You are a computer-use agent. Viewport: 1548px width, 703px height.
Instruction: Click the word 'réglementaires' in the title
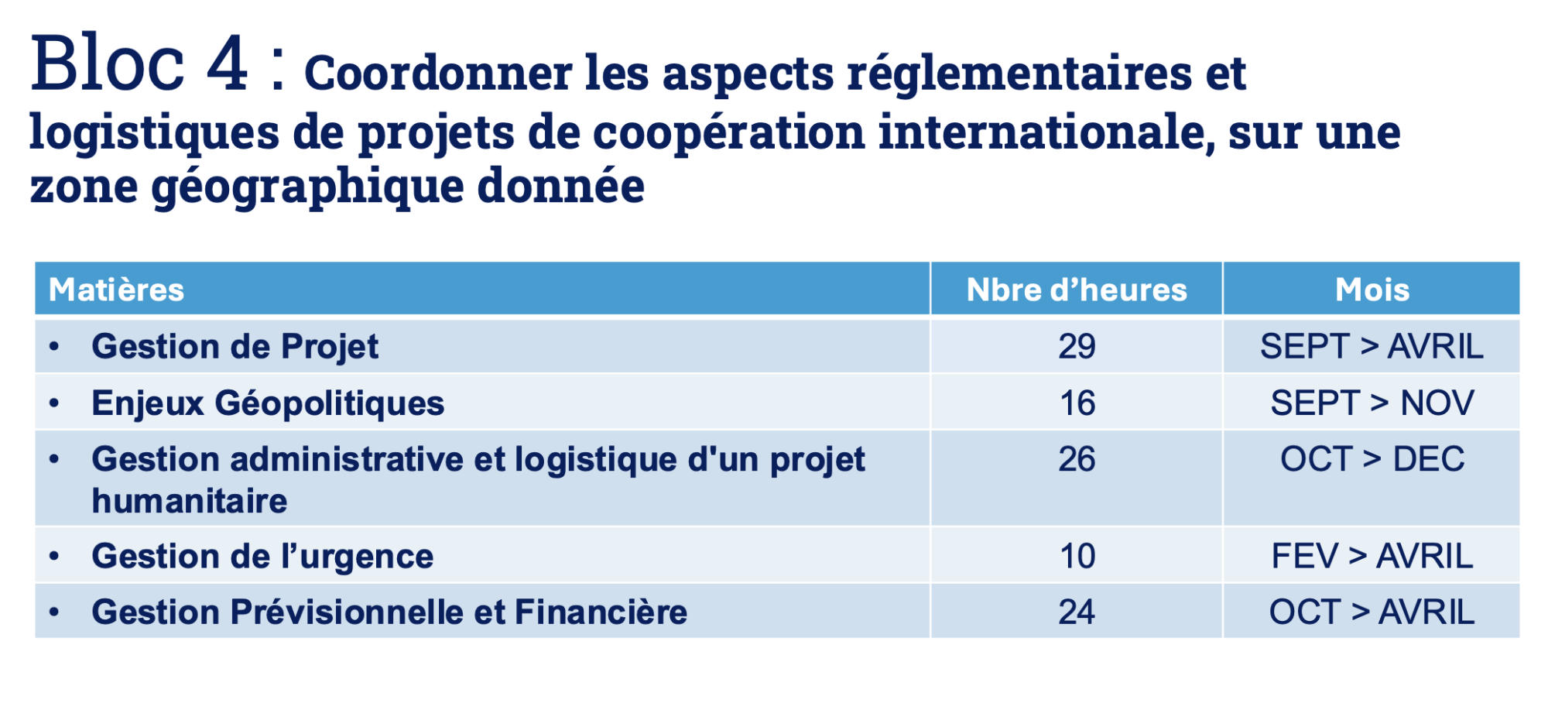[1019, 74]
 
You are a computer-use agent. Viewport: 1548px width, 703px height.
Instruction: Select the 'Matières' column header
[117, 290]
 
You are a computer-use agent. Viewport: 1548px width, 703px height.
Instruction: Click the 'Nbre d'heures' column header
[1076, 290]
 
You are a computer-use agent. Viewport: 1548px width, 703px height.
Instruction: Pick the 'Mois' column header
[1372, 290]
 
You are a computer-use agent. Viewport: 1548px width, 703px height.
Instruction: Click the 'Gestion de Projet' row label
[235, 346]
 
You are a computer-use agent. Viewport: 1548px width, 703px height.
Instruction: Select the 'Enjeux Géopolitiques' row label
[268, 403]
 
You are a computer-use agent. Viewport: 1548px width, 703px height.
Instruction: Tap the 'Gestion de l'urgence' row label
[262, 556]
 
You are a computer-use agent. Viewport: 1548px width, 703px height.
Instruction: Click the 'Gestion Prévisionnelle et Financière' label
[389, 612]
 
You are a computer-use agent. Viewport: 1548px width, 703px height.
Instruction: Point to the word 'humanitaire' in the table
[190, 501]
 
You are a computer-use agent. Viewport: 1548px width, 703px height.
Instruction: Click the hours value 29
[1077, 346]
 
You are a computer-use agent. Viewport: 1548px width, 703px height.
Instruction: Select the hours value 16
[1077, 403]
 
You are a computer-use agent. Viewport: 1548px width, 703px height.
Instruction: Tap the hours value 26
[1077, 459]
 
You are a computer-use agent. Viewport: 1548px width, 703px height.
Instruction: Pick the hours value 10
[1077, 556]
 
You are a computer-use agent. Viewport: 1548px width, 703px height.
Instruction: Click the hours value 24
[1077, 612]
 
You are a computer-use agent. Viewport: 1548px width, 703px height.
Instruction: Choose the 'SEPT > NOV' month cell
[1372, 403]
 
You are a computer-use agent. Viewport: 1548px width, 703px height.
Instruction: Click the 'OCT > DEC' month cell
[1372, 459]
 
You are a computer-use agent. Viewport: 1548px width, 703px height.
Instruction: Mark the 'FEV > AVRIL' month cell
[1372, 556]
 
